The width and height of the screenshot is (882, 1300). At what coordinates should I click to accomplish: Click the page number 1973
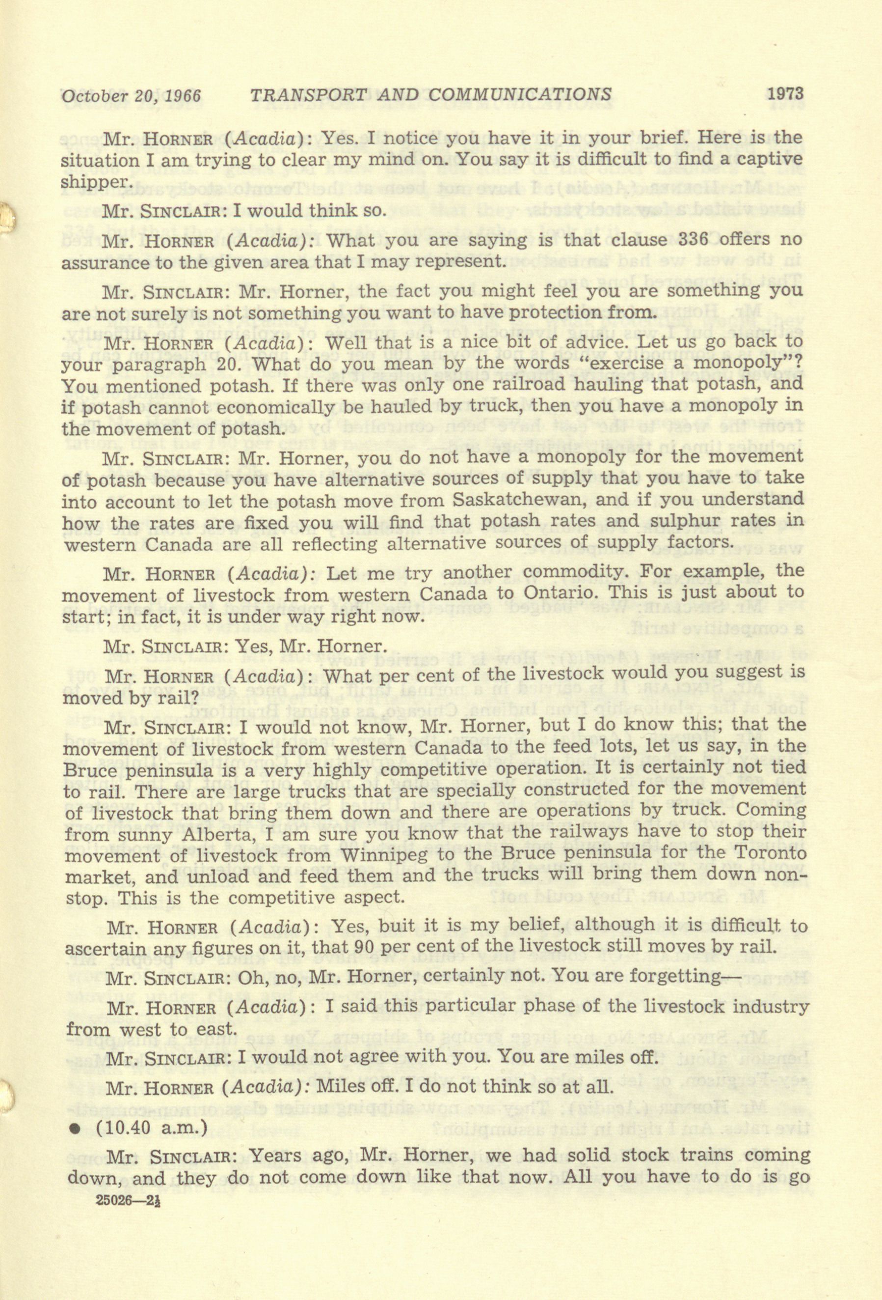785,93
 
